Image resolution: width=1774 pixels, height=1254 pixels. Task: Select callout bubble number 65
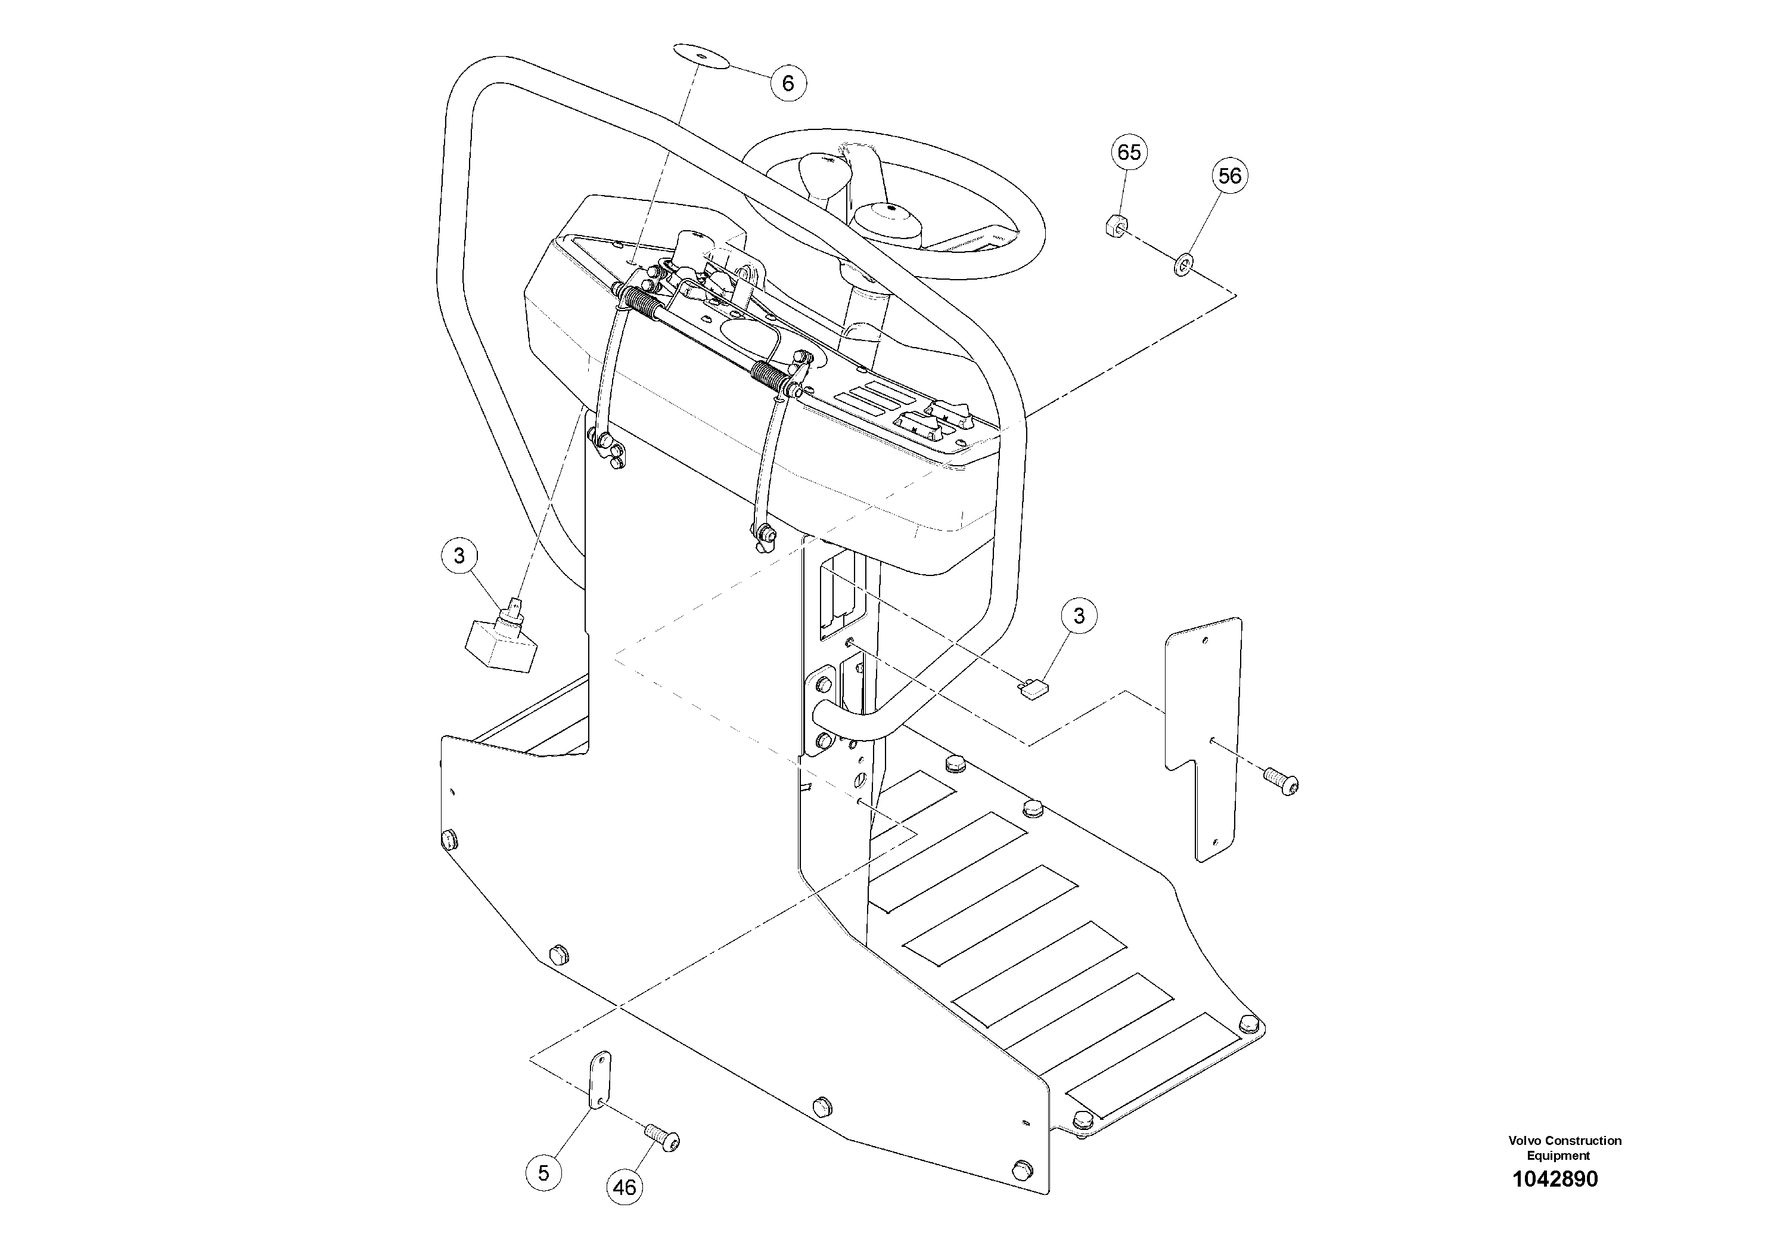pyautogui.click(x=1129, y=152)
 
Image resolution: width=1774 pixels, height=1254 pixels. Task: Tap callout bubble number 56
pyautogui.click(x=1229, y=177)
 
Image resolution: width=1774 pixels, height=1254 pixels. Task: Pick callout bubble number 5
pyautogui.click(x=543, y=1173)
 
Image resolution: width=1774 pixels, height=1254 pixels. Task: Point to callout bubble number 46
pyautogui.click(x=625, y=1187)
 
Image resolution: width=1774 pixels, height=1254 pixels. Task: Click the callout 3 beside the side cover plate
pyautogui.click(x=1079, y=615)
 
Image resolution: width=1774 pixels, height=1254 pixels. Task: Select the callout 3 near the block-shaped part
pyautogui.click(x=459, y=556)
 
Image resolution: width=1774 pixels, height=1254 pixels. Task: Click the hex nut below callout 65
pyautogui.click(x=1113, y=226)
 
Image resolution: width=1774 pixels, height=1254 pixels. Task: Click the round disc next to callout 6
pyautogui.click(x=700, y=57)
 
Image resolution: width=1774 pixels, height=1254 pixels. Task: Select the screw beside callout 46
pyautogui.click(x=663, y=1139)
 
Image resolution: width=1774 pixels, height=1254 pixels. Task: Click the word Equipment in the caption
pyautogui.click(x=1558, y=1156)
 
